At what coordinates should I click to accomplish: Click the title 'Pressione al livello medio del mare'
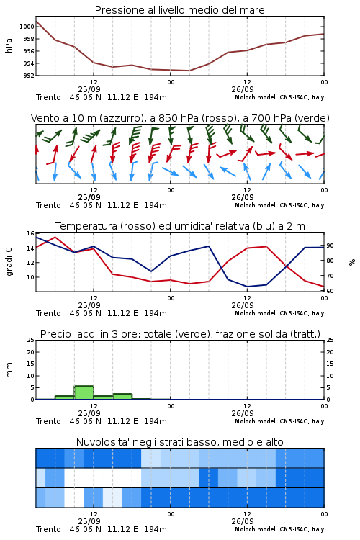coord(179,10)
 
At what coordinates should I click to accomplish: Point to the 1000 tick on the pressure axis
coord(27,27)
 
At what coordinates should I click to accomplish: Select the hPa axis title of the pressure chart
coord(9,45)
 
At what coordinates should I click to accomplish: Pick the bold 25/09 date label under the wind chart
coord(89,197)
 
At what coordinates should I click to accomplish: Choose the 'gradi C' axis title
coord(9,261)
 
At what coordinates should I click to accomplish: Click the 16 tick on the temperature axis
coord(30,233)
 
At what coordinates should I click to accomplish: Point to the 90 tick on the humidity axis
coord(330,246)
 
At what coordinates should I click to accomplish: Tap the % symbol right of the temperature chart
coord(352,262)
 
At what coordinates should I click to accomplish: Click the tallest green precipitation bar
coord(84,392)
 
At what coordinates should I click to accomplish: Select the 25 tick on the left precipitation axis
coord(30,340)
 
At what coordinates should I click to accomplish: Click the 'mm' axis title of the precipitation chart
coord(9,370)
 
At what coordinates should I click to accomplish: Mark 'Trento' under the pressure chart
coord(48,97)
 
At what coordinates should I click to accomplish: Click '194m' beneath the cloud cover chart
coord(156,529)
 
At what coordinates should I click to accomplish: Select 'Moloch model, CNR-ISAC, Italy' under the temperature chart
coord(279,313)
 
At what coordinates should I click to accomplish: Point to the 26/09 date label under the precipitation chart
coord(243,413)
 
